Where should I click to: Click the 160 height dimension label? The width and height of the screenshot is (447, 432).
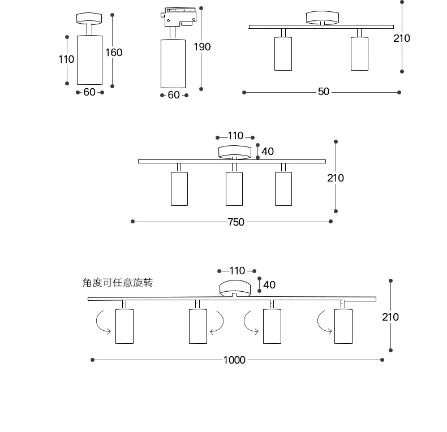click(114, 53)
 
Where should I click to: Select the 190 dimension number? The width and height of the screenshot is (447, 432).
click(202, 47)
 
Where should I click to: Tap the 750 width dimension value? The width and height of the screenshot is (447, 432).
click(236, 222)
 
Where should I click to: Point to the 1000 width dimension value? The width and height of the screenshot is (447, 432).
click(234, 360)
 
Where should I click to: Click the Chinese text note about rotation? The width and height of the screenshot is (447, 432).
click(118, 283)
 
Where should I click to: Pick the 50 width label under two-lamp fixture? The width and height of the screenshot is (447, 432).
click(323, 92)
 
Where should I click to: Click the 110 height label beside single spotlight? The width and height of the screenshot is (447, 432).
click(66, 59)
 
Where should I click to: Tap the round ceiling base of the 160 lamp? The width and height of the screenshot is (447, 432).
click(89, 18)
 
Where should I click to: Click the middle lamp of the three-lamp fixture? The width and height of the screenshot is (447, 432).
click(234, 188)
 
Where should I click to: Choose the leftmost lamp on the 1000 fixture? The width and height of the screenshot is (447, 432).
click(124, 326)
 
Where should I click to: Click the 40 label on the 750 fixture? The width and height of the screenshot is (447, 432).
click(268, 152)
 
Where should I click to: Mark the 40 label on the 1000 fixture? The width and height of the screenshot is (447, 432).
click(269, 285)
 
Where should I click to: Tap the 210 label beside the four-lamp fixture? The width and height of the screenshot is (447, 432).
click(390, 317)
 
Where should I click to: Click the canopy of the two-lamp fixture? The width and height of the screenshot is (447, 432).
click(321, 18)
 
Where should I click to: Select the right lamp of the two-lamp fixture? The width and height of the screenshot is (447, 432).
click(359, 54)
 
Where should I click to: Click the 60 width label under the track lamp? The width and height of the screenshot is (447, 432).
click(174, 95)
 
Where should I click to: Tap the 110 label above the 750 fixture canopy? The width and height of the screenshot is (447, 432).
click(235, 136)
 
